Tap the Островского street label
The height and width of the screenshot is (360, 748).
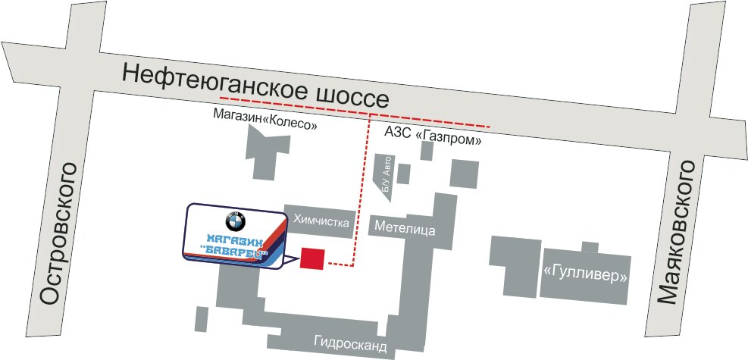(59, 233)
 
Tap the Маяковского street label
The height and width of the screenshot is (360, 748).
(687, 232)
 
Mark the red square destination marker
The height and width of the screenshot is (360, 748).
(313, 258)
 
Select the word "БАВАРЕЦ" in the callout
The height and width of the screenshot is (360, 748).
(237, 254)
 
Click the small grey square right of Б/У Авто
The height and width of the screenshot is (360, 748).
(404, 174)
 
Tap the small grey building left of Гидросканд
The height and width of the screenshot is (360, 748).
(201, 318)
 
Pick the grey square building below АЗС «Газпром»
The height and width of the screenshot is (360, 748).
(465, 174)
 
